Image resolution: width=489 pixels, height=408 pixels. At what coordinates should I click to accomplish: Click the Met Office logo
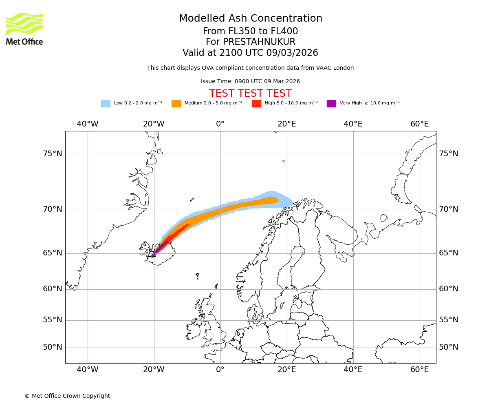coord(24,29)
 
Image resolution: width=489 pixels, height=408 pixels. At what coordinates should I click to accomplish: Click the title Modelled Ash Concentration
coord(250,18)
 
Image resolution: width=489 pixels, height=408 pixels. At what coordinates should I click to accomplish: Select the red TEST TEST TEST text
coord(250,93)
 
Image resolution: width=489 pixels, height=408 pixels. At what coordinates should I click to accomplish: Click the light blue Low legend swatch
coord(106,104)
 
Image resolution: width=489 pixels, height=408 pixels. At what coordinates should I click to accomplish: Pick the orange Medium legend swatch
coord(176,104)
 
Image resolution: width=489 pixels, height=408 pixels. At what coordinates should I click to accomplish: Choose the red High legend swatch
coord(256,104)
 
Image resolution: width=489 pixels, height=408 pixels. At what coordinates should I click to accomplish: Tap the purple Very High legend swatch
coord(331,104)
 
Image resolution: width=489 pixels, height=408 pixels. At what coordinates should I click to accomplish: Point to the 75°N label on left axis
coord(53,154)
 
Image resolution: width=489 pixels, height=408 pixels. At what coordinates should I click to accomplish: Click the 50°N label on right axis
coord(448,347)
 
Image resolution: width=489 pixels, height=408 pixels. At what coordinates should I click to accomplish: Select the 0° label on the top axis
coord(220,124)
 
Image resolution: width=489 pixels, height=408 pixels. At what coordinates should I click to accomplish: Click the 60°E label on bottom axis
coord(419,370)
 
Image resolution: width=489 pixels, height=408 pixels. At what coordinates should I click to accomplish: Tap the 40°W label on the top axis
coord(88,124)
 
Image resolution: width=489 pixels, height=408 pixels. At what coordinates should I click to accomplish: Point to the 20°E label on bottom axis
coord(286,370)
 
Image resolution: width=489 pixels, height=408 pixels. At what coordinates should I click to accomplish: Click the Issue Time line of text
coord(250,82)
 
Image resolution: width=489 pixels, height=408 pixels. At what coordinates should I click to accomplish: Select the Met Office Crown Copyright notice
coord(67,396)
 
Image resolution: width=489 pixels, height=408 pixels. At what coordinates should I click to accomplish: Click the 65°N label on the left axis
coord(53,253)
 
